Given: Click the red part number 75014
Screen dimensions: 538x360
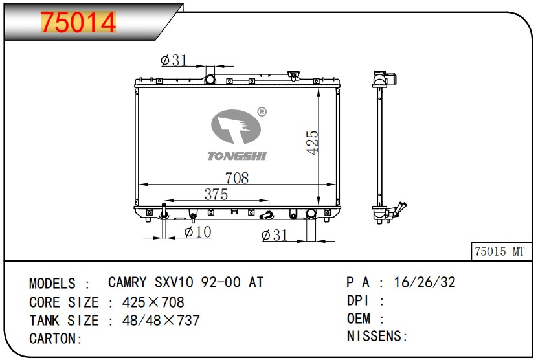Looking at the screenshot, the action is tap(78, 22).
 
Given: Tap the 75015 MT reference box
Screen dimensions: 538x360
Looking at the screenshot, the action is tap(501, 251).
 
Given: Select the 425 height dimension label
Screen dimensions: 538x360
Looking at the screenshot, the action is tap(312, 142).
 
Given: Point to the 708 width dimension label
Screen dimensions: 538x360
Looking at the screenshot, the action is tap(237, 178).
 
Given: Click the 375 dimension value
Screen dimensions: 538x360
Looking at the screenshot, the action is tap(216, 194).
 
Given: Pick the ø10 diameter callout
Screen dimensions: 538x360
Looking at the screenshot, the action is tap(198, 232).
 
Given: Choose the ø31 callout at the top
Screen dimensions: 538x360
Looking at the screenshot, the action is tap(174, 60).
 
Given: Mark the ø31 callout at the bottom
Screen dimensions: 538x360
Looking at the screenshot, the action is tap(274, 235).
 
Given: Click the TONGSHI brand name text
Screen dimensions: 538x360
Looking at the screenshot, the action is tap(237, 156).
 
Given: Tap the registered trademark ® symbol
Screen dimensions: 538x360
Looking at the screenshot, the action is tap(262, 112).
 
